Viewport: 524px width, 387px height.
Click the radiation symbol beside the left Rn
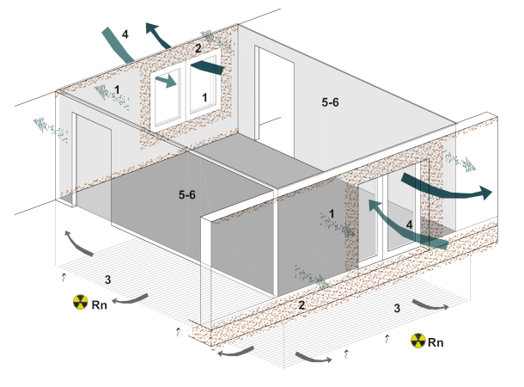coord(80,303)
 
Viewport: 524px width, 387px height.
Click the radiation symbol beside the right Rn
coord(418,341)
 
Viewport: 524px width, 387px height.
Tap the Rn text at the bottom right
coord(436,342)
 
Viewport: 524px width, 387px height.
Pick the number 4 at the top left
coord(125,34)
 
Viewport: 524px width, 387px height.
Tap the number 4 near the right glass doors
coord(410,224)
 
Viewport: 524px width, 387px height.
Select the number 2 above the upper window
coord(198,49)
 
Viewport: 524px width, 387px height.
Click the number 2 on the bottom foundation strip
coord(301,305)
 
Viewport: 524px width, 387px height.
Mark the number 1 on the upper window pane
coord(204,97)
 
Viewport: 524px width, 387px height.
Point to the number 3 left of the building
coord(107,279)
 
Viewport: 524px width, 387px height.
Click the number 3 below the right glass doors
coord(396,307)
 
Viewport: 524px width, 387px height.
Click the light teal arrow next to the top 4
coord(118,45)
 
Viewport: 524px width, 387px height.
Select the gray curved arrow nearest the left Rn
coord(131,298)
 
